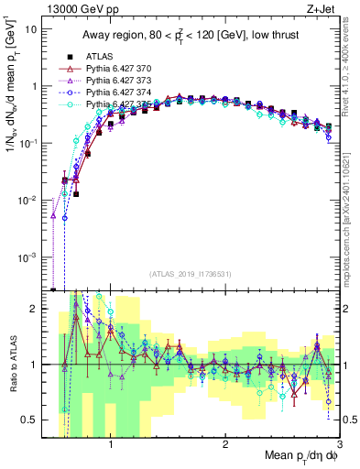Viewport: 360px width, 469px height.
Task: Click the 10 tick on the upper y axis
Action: click(x=32, y=28)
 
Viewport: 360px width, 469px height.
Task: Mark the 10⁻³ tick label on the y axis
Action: click(x=29, y=257)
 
